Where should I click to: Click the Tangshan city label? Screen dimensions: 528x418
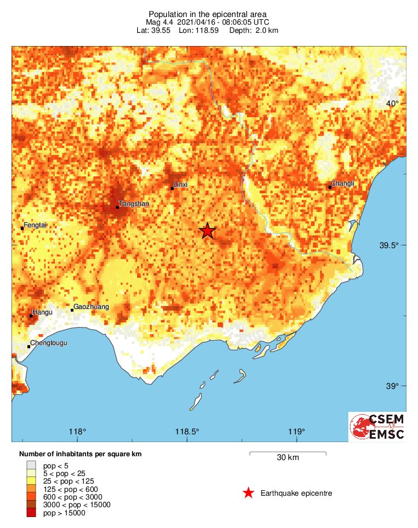(134, 204)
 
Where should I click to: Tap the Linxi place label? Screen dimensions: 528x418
(180, 185)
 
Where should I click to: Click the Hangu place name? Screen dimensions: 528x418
(42, 313)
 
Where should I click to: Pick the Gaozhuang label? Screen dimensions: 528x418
(91, 307)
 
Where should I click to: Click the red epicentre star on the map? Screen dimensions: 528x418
(207, 231)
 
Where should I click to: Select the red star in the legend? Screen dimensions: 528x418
(248, 493)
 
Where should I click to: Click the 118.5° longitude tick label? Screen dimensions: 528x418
(187, 431)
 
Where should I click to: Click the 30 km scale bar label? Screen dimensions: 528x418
(287, 458)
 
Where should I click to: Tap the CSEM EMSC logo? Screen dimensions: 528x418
(377, 427)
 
